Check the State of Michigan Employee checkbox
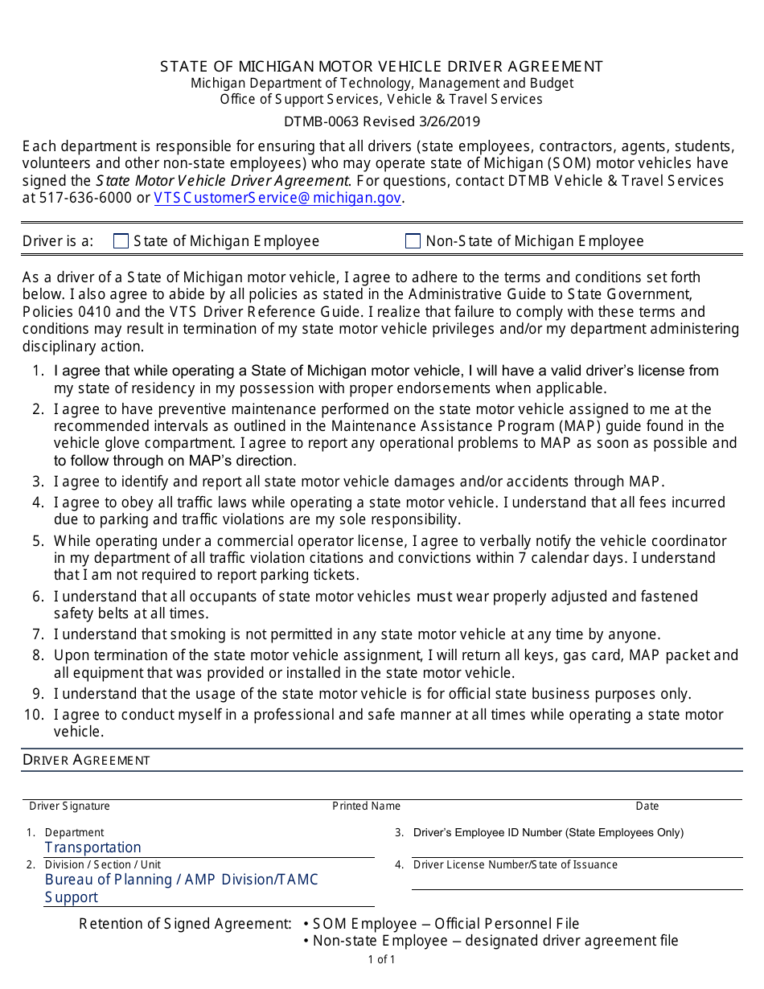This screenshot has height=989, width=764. [x=121, y=241]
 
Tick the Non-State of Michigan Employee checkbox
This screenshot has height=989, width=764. [x=413, y=241]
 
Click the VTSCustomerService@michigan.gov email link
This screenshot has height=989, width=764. [x=277, y=198]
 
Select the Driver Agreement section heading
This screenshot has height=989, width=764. [x=86, y=760]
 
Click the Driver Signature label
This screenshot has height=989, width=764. [x=69, y=806]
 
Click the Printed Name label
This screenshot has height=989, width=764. [x=366, y=806]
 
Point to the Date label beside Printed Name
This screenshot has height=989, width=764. [x=647, y=806]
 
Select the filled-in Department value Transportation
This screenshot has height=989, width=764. [x=92, y=847]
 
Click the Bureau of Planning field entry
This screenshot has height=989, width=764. [x=181, y=880]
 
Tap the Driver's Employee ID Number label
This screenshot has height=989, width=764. [x=548, y=833]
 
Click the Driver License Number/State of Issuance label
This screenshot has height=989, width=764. [x=515, y=865]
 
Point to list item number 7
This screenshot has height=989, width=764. [x=38, y=634]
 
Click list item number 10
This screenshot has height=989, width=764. [x=35, y=715]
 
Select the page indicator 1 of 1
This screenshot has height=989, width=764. [x=381, y=959]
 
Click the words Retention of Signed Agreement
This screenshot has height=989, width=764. [x=185, y=924]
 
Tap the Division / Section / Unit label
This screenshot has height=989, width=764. [x=102, y=864]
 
